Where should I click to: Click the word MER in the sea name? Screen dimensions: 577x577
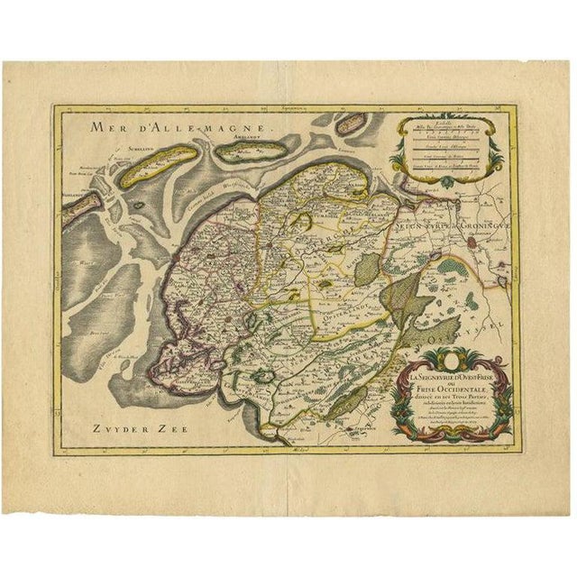(92, 127)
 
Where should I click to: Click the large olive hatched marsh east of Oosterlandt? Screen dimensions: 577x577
(398, 297)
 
